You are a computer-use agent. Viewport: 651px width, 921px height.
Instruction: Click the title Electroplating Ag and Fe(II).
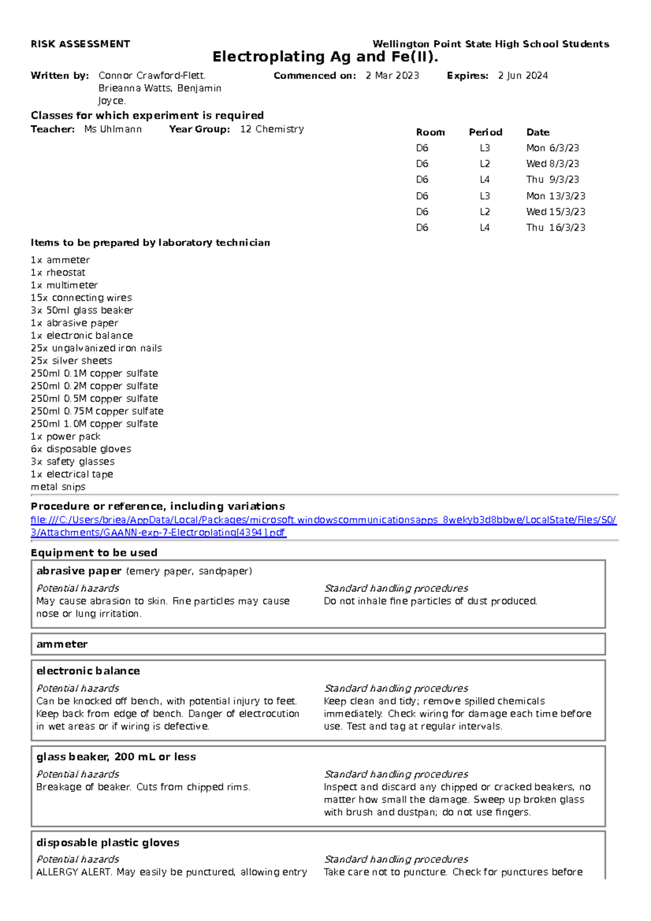click(325, 57)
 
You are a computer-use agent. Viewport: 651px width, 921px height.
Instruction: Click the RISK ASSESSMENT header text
click(80, 44)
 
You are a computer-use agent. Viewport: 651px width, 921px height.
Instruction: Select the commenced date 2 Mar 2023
click(392, 76)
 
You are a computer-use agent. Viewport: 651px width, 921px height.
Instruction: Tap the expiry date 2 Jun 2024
click(523, 76)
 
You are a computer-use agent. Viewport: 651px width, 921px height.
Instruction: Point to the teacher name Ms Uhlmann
click(113, 129)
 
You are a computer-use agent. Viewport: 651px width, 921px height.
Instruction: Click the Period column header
click(486, 132)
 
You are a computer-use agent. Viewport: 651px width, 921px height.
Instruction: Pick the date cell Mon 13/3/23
click(556, 196)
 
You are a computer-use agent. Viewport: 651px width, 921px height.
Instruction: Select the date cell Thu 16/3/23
click(556, 228)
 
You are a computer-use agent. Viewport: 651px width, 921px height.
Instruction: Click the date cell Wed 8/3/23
click(552, 164)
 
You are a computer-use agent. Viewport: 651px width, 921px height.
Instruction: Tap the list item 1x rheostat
click(58, 273)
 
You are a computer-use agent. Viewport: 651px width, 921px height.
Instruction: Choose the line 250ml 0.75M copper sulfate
click(97, 411)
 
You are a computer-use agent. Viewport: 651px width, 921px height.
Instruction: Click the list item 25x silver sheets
click(72, 361)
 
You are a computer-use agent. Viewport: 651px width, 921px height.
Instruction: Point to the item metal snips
click(58, 487)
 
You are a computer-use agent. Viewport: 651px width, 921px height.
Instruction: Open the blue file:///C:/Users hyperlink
click(323, 520)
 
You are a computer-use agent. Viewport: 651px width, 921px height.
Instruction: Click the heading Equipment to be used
click(94, 553)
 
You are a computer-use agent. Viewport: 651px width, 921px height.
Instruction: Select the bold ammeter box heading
click(62, 644)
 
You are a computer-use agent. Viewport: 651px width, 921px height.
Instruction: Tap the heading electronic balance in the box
click(88, 671)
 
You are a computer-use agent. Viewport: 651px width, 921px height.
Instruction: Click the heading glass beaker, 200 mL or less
click(116, 757)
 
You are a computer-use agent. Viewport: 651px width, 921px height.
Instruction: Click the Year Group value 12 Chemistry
click(272, 129)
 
